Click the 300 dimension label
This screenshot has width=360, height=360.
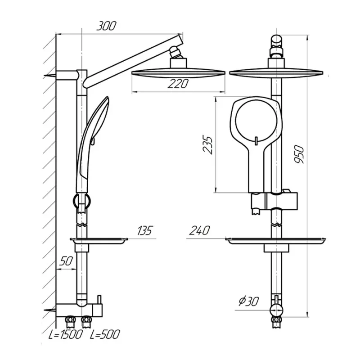pyautogui.click(x=106, y=26)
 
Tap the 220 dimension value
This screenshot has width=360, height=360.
pyautogui.click(x=178, y=84)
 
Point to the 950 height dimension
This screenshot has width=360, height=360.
pyautogui.click(x=299, y=154)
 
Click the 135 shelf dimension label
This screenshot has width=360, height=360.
pyautogui.click(x=145, y=230)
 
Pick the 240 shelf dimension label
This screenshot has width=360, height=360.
pyautogui.click(x=199, y=230)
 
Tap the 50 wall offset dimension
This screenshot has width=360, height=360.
pyautogui.click(x=66, y=261)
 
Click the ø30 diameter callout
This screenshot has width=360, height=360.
pyautogui.click(x=249, y=301)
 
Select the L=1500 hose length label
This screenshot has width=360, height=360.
pyautogui.click(x=65, y=334)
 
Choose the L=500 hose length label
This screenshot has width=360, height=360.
pyautogui.click(x=105, y=334)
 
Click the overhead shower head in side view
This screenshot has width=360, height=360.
pyautogui.click(x=178, y=73)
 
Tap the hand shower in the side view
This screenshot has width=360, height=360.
pyautogui.click(x=92, y=144)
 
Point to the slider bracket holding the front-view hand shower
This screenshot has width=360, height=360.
pyautogui.click(x=274, y=201)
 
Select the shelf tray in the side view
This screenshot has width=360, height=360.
pyautogui.click(x=99, y=240)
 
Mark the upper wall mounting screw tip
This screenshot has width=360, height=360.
pyautogui.click(x=44, y=76)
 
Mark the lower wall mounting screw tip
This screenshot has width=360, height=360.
pyautogui.click(x=44, y=310)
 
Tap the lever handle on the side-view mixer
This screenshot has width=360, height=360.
pyautogui.click(x=99, y=299)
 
